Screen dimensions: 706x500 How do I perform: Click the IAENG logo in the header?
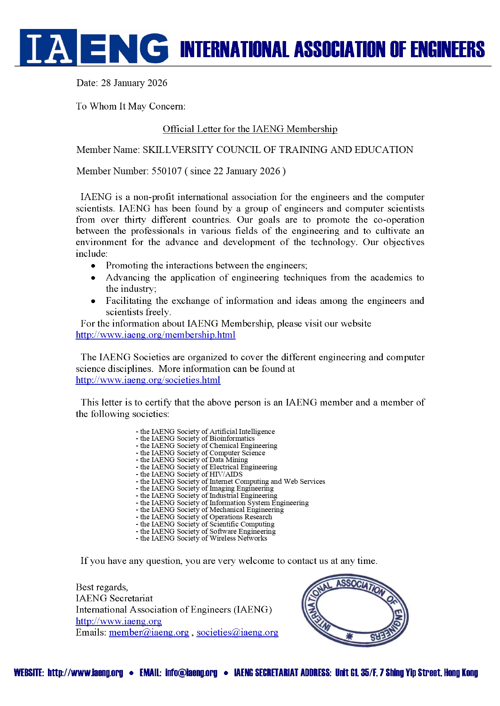pyautogui.click(x=94, y=47)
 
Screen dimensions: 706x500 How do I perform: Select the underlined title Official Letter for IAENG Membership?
pyautogui.click(x=250, y=129)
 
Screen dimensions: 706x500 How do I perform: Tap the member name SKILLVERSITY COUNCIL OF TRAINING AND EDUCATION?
pyautogui.click(x=278, y=150)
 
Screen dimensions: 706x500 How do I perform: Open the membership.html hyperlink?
pyautogui.click(x=156, y=335)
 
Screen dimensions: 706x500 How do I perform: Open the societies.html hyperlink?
pyautogui.click(x=148, y=380)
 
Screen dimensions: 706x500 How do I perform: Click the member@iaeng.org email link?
pyautogui.click(x=149, y=632)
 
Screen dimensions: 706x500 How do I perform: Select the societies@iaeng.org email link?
pyautogui.click(x=237, y=632)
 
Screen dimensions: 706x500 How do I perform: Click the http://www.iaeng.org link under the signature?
pyautogui.click(x=119, y=621)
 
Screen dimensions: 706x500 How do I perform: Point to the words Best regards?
pyautogui.click(x=102, y=587)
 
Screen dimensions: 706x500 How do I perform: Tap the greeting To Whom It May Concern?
pyautogui.click(x=131, y=106)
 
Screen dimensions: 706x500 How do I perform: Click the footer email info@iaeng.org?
pyautogui.click(x=191, y=673)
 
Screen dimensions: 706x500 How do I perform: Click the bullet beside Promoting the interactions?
pyautogui.click(x=93, y=266)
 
